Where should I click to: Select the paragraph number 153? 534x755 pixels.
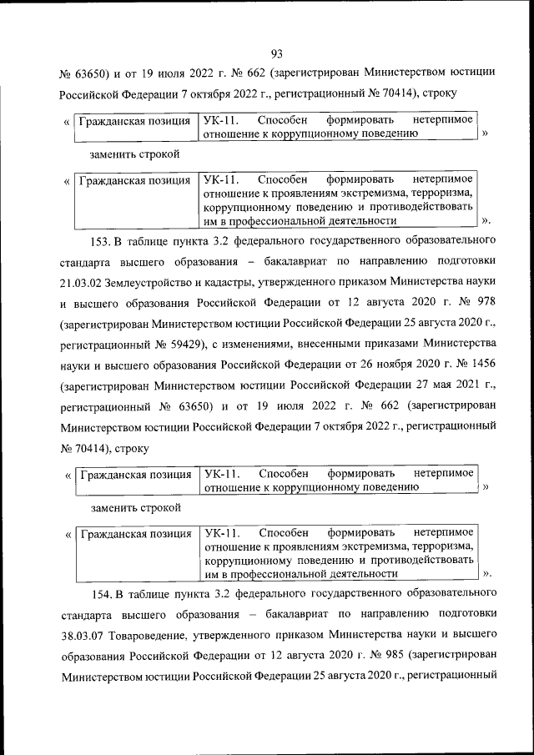click(100, 242)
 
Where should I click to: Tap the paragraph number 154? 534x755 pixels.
click(100, 594)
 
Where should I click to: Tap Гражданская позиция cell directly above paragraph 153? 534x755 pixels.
click(134, 180)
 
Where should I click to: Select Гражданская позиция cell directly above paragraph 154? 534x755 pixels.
click(134, 533)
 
